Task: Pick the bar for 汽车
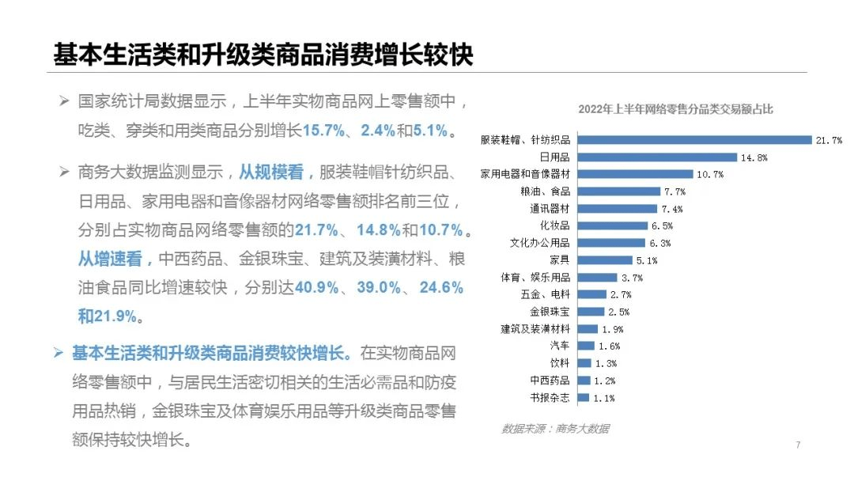[586, 346]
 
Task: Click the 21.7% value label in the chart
[829, 141]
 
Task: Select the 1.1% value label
[603, 398]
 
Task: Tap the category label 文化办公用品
[540, 243]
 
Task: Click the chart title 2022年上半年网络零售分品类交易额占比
[675, 109]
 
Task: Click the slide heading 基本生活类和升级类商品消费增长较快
[263, 54]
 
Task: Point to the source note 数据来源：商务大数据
[555, 429]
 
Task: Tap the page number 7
[798, 445]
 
